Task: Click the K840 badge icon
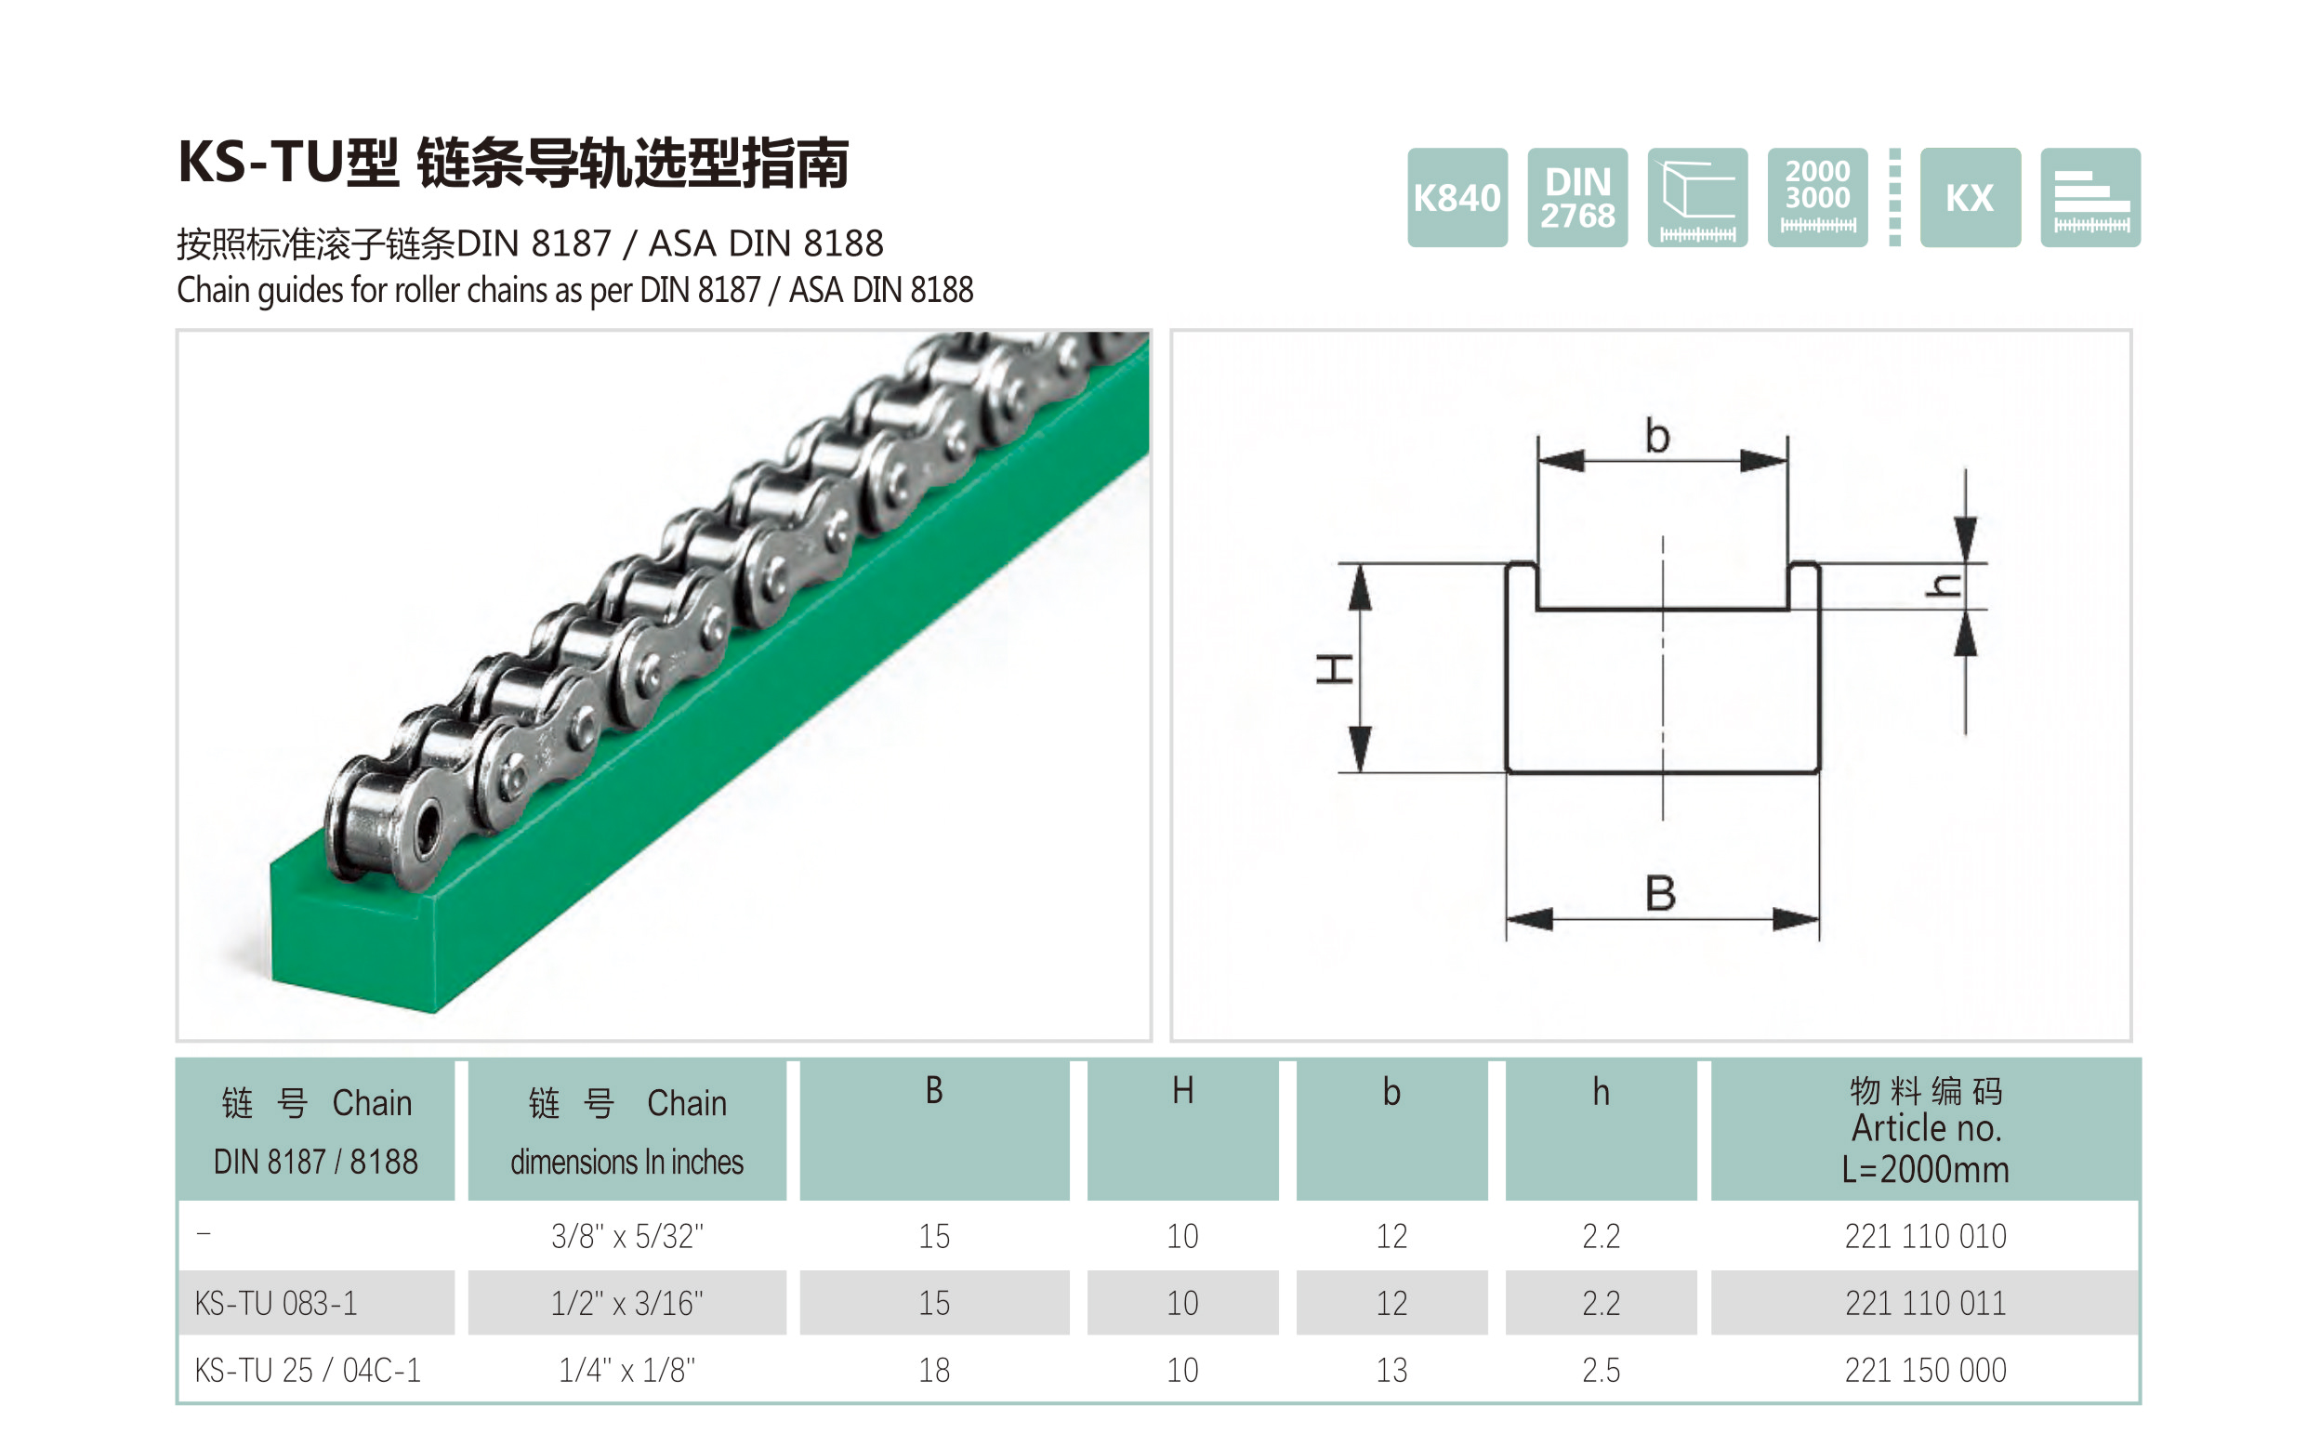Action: coord(1457,198)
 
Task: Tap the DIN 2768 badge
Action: coord(1577,198)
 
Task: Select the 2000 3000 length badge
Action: coord(1817,198)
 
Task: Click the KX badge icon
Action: coord(1970,198)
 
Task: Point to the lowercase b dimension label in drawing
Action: coord(1657,437)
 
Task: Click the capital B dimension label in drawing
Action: coord(1660,894)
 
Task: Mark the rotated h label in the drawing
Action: coord(1944,585)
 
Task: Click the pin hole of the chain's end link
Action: coord(428,822)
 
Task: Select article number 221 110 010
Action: coord(1924,1237)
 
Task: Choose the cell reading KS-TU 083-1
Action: coord(275,1304)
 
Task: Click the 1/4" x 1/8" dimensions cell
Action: coord(626,1371)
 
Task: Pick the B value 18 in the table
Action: coord(933,1371)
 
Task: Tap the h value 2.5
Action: coord(1601,1371)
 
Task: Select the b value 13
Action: coord(1391,1371)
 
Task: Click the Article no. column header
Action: coord(1924,1129)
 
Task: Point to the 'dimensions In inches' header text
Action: coord(626,1162)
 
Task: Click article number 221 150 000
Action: coord(1924,1371)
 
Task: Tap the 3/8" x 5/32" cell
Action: coord(626,1237)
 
